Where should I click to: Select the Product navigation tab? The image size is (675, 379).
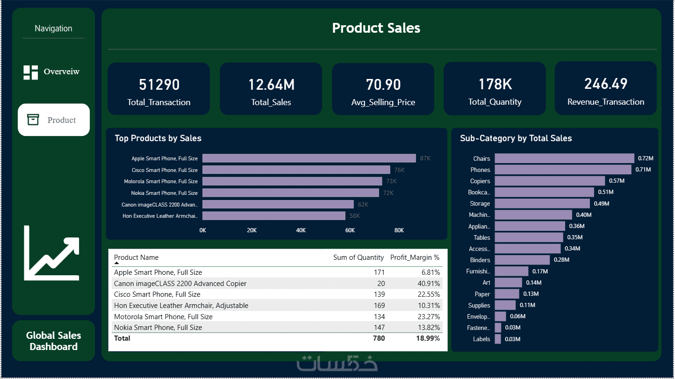54,120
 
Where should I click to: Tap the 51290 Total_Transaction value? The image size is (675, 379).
159,85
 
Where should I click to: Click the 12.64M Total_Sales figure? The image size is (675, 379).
271,85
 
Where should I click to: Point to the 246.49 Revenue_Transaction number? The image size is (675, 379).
606,84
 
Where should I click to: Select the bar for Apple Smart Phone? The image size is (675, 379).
309,158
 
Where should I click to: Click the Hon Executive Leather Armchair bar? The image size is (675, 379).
274,216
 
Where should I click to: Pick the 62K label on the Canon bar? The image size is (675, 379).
363,205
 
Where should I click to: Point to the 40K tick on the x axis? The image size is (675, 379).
301,230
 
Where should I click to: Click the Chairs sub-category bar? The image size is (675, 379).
564,158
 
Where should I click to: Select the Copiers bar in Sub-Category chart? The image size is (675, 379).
550,181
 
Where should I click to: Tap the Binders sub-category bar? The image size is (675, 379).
522,260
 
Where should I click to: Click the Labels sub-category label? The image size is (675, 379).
481,339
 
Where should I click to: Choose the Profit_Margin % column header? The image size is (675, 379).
415,257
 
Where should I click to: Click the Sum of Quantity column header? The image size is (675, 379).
359,257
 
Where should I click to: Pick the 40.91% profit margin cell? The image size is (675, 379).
429,283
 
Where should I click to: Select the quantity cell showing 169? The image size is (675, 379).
379,306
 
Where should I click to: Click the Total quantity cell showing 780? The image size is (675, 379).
379,338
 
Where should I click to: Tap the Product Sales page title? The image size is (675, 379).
376,28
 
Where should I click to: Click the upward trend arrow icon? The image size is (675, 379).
52,253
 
